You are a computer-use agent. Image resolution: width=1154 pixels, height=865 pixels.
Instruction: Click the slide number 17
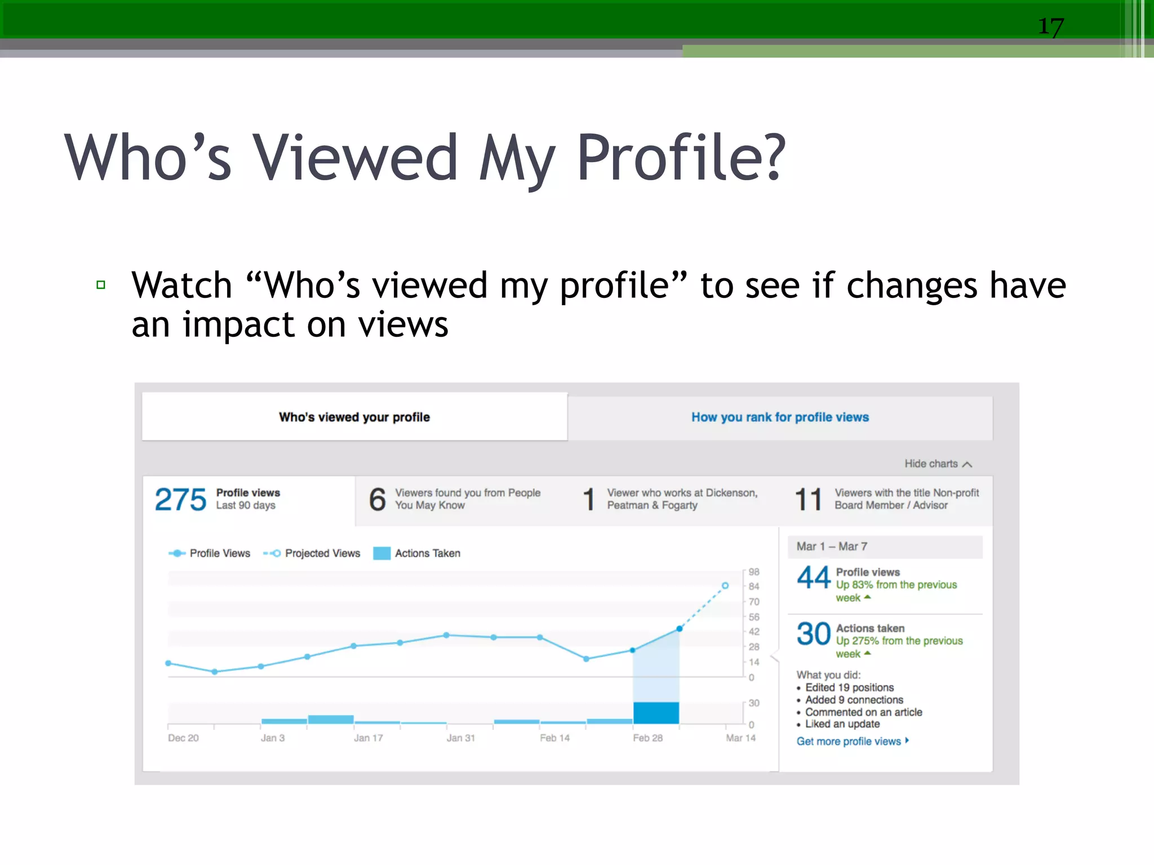click(x=1051, y=26)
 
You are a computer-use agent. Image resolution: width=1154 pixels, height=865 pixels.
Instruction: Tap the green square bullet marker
click(x=101, y=285)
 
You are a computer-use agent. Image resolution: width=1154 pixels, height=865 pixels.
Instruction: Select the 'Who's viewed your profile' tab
click(x=354, y=417)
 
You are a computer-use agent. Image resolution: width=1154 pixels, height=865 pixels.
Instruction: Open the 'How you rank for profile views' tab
click(x=780, y=417)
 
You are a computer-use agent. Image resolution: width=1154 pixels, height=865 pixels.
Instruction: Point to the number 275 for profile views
click(x=180, y=500)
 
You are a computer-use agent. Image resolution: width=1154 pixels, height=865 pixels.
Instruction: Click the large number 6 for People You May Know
click(x=378, y=500)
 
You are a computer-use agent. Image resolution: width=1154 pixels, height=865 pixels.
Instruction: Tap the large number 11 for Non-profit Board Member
click(x=808, y=500)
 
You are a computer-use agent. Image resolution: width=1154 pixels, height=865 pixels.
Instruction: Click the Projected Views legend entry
click(x=312, y=553)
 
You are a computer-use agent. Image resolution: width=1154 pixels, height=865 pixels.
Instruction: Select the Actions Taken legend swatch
click(x=382, y=553)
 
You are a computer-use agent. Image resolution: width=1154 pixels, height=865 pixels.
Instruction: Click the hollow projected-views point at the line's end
click(x=725, y=586)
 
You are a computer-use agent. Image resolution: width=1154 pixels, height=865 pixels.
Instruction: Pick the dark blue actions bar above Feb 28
click(x=656, y=712)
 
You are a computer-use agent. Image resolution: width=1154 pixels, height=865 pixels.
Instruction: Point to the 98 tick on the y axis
click(x=754, y=572)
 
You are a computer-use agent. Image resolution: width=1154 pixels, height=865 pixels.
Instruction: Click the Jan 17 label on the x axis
click(x=368, y=738)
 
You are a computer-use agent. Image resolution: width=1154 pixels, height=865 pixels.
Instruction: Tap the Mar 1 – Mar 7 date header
click(x=832, y=546)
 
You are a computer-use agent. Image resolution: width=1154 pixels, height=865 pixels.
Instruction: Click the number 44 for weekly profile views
click(x=814, y=578)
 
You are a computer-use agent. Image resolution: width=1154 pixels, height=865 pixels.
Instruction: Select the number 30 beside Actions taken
click(x=814, y=634)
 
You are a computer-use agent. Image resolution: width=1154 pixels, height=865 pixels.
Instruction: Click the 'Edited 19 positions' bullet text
click(x=849, y=688)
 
